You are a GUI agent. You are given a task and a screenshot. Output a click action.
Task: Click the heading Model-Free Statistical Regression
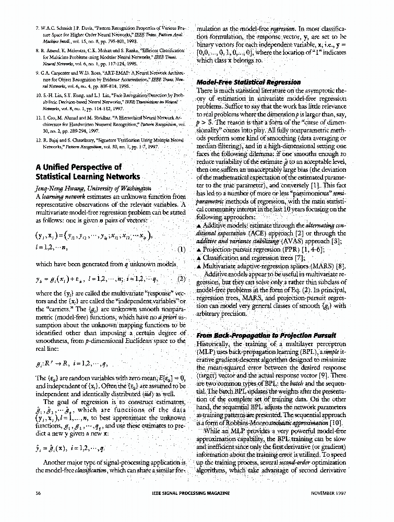pyautogui.click(x=248, y=82)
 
